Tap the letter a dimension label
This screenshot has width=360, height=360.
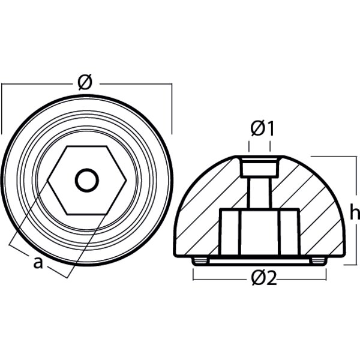(38, 262)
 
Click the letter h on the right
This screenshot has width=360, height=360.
(354, 212)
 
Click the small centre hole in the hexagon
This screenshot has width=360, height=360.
(87, 178)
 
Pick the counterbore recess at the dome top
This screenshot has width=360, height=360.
(260, 167)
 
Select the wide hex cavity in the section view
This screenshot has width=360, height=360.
(260, 231)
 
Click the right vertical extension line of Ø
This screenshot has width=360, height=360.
(173, 108)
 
